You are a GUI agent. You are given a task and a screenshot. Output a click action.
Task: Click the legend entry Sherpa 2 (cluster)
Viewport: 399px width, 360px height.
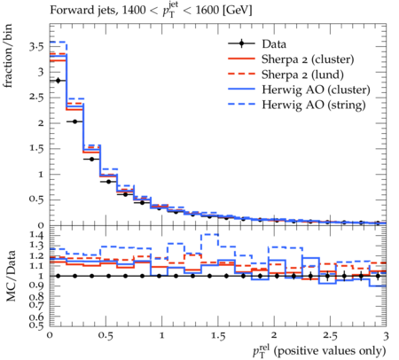(308, 59)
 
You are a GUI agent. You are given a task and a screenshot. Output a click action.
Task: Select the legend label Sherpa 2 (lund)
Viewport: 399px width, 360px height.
(302, 74)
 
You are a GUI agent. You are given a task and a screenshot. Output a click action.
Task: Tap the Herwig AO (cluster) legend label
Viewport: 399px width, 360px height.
(316, 90)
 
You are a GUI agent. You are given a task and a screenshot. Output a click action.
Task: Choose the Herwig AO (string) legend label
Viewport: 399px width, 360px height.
(314, 105)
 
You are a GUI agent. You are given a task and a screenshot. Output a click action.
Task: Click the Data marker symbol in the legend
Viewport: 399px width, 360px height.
(241, 43)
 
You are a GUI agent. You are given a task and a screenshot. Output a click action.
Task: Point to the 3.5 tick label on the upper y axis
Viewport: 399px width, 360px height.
(36, 47)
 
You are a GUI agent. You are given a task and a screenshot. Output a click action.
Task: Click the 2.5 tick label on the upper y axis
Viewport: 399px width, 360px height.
(36, 98)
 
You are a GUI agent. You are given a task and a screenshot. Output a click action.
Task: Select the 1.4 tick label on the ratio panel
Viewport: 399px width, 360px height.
(36, 235)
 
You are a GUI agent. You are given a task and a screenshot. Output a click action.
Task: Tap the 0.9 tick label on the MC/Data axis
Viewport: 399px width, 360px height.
(36, 286)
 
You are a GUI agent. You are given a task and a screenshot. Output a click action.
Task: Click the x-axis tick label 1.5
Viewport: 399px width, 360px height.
(218, 336)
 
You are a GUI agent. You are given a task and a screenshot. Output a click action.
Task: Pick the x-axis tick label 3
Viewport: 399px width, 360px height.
(386, 336)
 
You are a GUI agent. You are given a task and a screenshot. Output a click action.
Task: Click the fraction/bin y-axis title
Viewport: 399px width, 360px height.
(8, 56)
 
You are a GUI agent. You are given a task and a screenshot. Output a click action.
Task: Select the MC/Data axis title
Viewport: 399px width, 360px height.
(11, 276)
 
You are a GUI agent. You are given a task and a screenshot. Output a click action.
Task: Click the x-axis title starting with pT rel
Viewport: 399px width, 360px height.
(319, 351)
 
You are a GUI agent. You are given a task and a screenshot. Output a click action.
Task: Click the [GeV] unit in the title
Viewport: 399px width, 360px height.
(237, 11)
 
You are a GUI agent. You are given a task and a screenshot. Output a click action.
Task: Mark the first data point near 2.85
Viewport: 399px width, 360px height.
(58, 81)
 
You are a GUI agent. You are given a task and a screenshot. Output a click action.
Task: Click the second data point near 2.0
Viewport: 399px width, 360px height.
(74, 121)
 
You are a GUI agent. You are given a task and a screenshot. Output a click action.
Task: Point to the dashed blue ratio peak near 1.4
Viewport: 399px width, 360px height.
(209, 234)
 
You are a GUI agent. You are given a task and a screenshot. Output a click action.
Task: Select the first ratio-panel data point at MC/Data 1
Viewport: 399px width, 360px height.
(58, 276)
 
